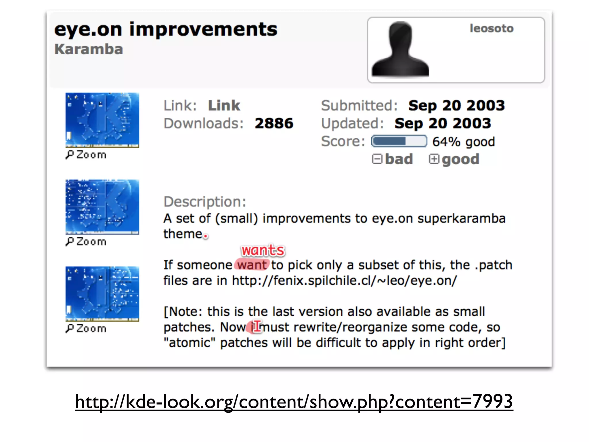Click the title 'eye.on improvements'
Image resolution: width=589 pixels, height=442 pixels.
166,30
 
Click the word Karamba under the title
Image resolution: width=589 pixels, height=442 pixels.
89,49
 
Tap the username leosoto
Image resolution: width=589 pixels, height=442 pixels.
492,28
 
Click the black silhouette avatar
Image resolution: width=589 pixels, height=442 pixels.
400,49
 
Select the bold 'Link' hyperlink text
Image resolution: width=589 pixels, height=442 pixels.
224,106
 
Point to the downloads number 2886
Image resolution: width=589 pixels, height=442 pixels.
274,123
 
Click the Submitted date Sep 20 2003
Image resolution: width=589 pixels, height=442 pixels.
456,106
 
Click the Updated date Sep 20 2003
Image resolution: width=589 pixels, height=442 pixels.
443,123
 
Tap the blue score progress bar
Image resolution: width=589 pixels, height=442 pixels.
399,141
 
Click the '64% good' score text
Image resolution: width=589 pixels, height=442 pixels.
463,142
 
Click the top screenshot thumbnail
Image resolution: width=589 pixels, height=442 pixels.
102,120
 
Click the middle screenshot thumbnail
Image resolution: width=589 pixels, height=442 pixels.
102,207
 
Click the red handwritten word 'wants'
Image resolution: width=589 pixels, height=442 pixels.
263,250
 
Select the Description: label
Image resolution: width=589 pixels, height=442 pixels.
205,202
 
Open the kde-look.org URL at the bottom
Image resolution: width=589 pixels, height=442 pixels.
294,402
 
